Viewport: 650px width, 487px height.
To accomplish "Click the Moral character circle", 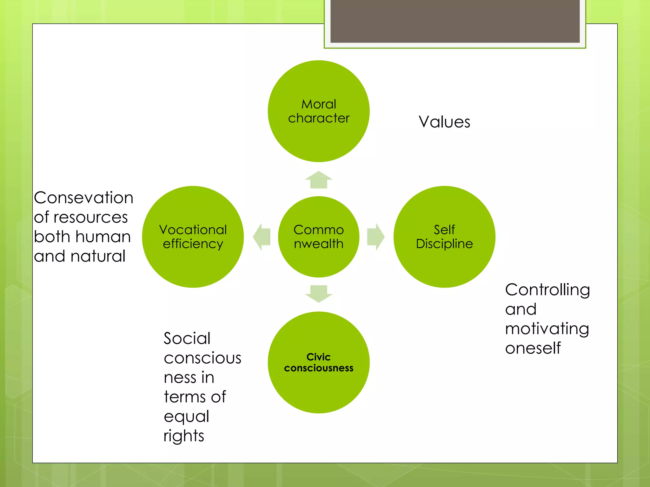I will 319,111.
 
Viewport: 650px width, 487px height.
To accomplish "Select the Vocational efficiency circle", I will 193,237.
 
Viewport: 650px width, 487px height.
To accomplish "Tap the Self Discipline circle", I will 444,237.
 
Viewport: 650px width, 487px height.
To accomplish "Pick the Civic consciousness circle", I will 319,362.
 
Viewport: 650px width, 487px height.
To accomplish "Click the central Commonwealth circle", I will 319,237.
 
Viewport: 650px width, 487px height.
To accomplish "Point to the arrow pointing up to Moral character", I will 319,180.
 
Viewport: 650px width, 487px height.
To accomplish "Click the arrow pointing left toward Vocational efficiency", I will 262,237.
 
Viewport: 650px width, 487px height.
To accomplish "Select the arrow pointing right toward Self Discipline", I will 375,237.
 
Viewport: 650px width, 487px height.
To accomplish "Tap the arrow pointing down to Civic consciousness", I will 319,294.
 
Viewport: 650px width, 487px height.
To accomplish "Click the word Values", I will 444,122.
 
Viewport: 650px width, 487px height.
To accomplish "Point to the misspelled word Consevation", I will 83,198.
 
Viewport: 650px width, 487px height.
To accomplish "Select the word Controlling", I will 547,290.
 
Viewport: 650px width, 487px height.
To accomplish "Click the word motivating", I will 547,329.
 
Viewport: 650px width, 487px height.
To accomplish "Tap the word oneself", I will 533,348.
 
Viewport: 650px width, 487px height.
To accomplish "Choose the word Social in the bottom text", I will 187,338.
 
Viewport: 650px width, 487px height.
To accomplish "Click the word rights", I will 184,436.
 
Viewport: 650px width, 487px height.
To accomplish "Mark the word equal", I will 186,417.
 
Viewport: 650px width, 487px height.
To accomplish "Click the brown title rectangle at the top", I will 455,21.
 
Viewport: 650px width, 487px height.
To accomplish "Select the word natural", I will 98,256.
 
